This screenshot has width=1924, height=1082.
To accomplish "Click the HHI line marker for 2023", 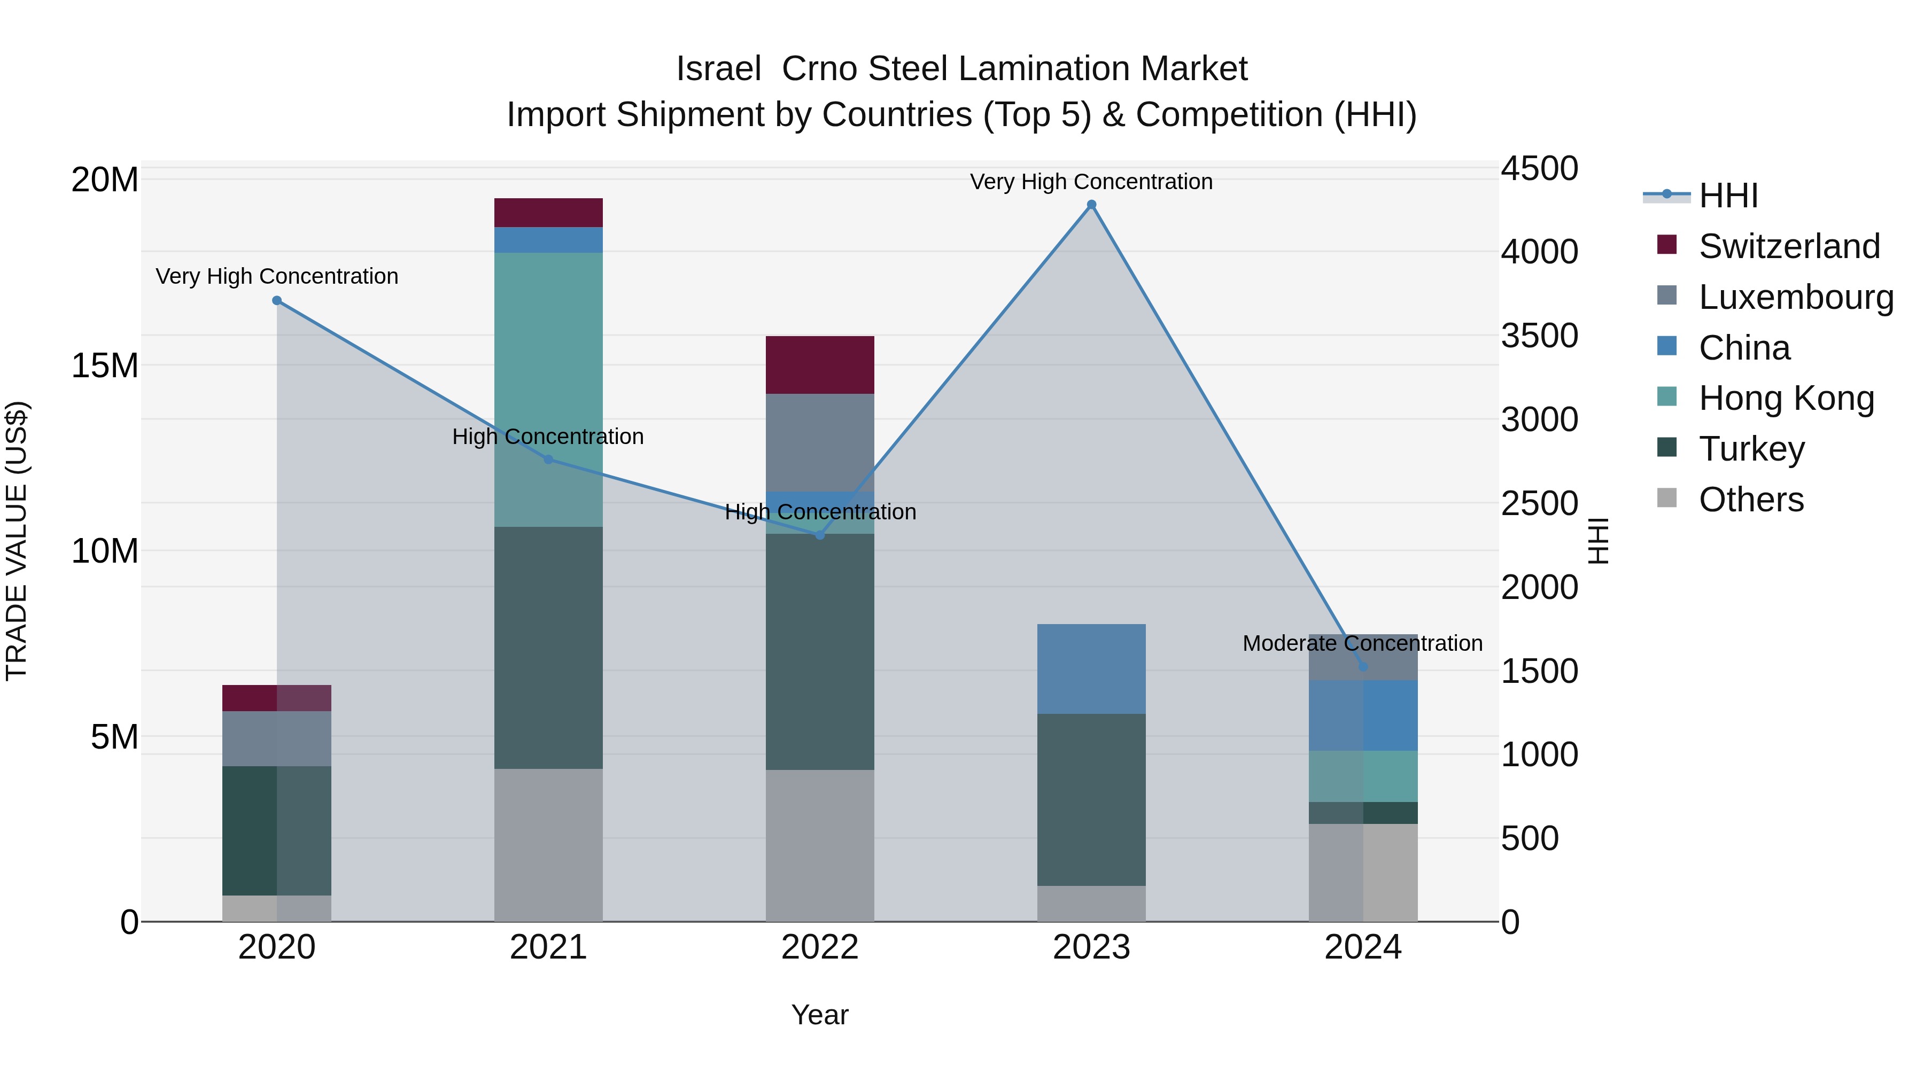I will click(x=1091, y=205).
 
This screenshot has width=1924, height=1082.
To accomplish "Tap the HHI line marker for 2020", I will click(x=277, y=300).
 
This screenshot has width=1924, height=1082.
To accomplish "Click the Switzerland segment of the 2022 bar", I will click(x=819, y=364).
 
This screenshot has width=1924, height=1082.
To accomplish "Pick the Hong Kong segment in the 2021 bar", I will click(x=548, y=388).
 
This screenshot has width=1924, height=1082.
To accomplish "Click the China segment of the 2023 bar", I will click(x=1091, y=668).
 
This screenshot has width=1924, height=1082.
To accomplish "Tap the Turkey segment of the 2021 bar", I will click(x=548, y=648).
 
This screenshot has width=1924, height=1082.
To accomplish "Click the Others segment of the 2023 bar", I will click(x=1091, y=904).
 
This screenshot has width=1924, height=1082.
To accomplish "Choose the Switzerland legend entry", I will click(x=1789, y=246).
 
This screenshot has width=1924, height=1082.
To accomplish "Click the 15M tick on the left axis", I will click(x=105, y=366).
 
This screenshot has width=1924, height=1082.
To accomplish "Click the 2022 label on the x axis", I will click(x=819, y=947).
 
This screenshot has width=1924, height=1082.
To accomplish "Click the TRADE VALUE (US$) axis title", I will click(x=17, y=541).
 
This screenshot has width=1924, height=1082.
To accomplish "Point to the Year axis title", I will click(x=819, y=1015).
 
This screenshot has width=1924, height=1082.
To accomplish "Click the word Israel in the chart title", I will click(x=718, y=69).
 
